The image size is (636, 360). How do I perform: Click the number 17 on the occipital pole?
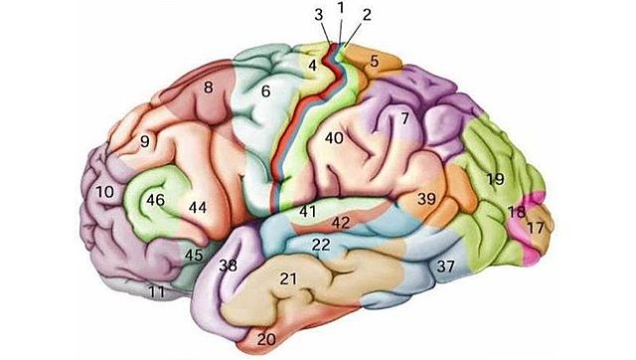pos(536,228)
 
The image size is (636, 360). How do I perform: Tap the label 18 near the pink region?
pos(516,212)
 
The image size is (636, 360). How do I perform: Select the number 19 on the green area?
pos(495,179)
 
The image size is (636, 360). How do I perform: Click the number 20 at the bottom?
pos(266,338)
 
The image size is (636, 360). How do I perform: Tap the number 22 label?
pos(321,244)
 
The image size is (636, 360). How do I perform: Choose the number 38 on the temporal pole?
pos(228,266)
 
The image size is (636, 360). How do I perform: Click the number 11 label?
pos(155,291)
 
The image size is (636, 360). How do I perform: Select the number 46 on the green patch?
pos(154,200)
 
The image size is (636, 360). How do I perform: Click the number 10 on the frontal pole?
pos(104,189)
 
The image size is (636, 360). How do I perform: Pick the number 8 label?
pos(209,88)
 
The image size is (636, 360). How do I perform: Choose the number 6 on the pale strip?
pos(265,91)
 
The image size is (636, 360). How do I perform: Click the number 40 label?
pos(333,138)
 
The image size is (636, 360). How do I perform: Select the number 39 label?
pos(426,199)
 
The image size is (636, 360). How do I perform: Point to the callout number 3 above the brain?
pos(318,15)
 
